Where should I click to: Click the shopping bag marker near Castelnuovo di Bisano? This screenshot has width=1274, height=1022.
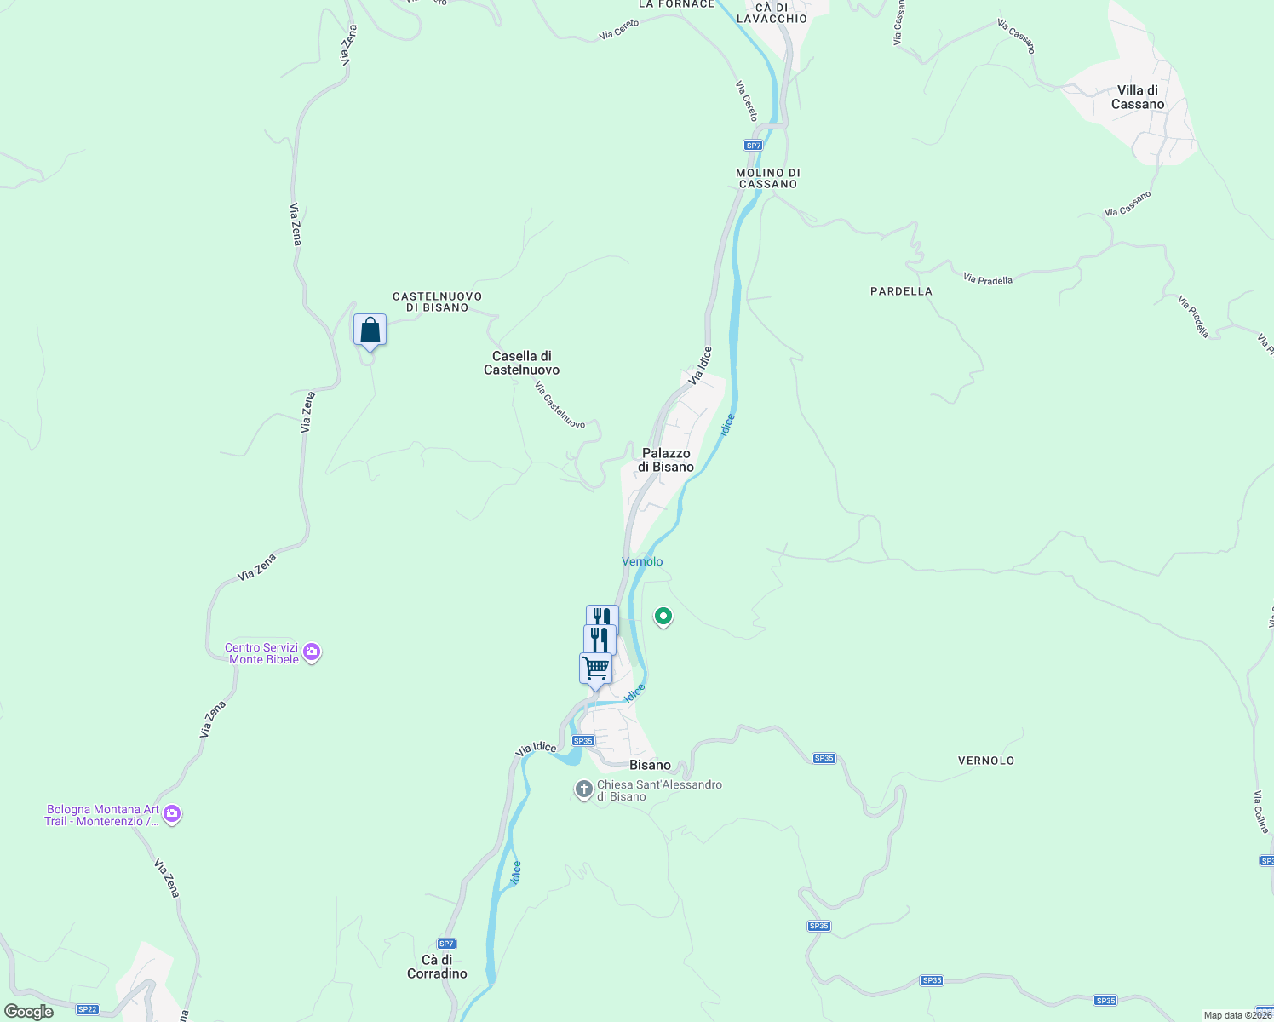click(x=370, y=330)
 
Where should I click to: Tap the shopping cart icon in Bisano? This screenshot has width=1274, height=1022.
click(x=595, y=669)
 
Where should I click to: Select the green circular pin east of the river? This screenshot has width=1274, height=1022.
click(x=663, y=616)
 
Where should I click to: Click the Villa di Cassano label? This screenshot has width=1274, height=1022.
click(x=1138, y=97)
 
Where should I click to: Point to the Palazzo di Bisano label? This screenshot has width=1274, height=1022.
click(x=666, y=460)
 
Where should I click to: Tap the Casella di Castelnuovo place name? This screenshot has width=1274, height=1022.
click(x=522, y=363)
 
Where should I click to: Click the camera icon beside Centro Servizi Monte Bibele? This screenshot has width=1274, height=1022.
click(x=312, y=653)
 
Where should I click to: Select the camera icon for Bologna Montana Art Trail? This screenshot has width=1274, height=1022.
click(x=172, y=815)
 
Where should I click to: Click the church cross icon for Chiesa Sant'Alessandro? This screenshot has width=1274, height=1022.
click(x=584, y=789)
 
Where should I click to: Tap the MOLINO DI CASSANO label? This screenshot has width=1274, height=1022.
click(x=768, y=178)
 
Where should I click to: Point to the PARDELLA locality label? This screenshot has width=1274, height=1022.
click(x=901, y=291)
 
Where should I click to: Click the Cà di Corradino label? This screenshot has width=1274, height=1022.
click(x=437, y=967)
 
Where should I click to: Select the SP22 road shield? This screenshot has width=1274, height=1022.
click(x=87, y=1009)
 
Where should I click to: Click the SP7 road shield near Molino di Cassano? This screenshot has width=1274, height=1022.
click(x=753, y=146)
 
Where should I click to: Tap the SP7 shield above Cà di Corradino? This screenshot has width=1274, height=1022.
click(x=446, y=944)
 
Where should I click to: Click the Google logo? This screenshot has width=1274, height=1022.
click(x=29, y=1012)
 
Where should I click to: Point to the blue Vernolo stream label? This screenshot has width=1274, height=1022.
click(x=642, y=561)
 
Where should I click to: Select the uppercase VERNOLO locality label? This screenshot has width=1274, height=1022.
click(x=986, y=761)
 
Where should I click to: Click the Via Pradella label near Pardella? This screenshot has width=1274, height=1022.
click(x=988, y=278)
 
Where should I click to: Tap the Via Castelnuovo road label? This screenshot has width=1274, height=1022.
click(x=560, y=405)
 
